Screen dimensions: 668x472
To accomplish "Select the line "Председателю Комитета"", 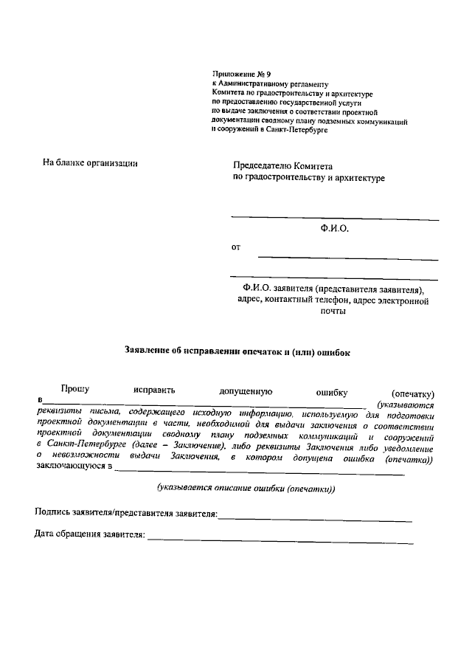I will coord(284,167).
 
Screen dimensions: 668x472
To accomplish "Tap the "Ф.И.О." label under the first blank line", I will coord(334,230).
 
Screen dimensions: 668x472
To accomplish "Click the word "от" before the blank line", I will coord(236,247).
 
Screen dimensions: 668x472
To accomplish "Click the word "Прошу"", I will coord(74,388).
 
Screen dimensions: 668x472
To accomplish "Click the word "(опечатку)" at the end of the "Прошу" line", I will coord(413,393).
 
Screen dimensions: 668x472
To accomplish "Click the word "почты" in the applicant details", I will coord(334,311).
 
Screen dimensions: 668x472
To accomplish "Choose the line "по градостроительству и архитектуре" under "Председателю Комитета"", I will coord(308,179).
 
